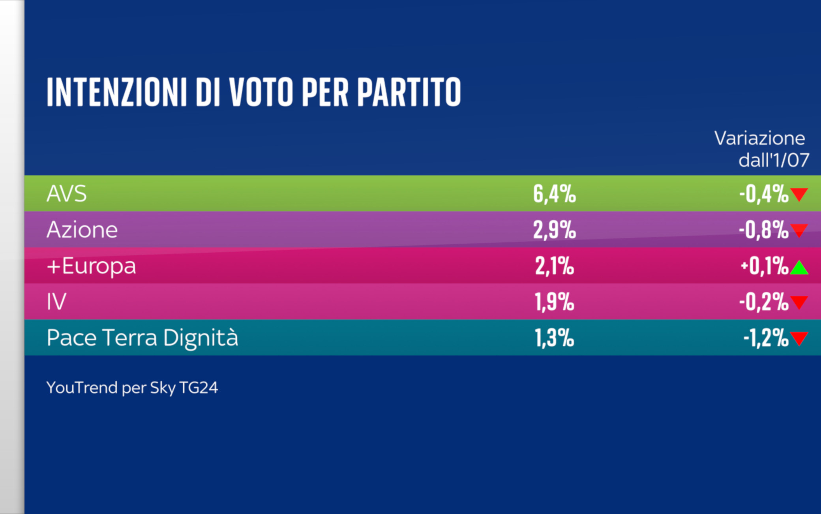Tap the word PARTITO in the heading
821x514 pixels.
coord(409,92)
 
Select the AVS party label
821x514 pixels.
coord(66,194)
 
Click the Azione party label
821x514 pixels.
coord(82,230)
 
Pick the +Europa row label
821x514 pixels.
coord(91,266)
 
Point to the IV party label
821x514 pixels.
coord(56,302)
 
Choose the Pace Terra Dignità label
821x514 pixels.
coord(142,338)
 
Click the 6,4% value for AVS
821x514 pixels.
coord(554,194)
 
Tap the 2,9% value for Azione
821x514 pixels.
coord(554,230)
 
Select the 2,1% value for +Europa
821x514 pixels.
coord(554,266)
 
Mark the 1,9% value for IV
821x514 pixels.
coord(554,302)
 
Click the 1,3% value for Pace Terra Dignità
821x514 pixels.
coord(554,338)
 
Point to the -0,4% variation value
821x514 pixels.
coord(763,194)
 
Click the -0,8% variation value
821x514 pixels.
coord(763,230)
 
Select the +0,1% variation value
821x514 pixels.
coord(764,266)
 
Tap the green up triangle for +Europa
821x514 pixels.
coord(799,268)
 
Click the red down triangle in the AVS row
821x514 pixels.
coord(799,194)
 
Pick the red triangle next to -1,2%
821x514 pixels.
coord(799,338)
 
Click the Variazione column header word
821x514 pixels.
coord(759,139)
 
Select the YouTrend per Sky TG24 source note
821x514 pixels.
coord(132,388)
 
